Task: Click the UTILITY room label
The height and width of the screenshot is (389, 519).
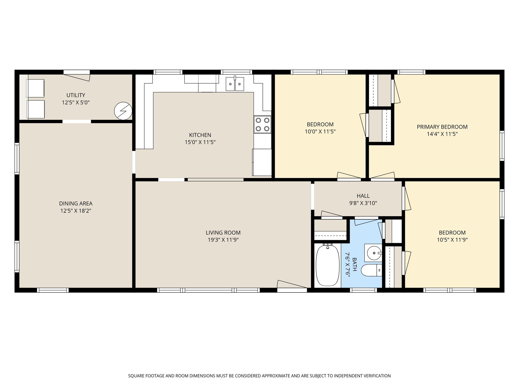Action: pos(76,95)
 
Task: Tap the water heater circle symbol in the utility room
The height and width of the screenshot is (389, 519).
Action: pos(123,111)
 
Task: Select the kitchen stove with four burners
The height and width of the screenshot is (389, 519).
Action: pos(263,124)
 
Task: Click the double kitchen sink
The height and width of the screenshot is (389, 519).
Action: pos(235,84)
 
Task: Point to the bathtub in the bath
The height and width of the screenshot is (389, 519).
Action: pos(327,265)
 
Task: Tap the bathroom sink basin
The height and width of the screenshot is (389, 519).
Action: pos(373,253)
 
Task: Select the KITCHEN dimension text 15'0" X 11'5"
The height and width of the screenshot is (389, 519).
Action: pos(200,142)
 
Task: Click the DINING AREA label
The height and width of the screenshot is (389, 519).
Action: pos(76,203)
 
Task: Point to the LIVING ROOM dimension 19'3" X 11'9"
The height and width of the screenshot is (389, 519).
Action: pos(223,240)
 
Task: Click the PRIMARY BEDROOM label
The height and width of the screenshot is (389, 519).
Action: pos(442,127)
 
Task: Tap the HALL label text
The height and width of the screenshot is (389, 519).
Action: pos(363,196)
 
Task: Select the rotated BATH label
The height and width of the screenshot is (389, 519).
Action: pos(354,264)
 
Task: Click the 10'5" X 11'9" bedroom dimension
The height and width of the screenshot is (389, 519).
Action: pos(452,240)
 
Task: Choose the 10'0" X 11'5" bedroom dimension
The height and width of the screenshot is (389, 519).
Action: pos(320,131)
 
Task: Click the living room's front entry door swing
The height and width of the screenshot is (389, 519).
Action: pos(292,286)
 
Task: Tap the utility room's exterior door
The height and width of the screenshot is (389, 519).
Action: pos(77,75)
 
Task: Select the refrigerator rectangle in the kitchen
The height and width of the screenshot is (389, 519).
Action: pos(262,162)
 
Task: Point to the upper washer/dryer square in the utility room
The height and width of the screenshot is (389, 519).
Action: pos(36,88)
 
